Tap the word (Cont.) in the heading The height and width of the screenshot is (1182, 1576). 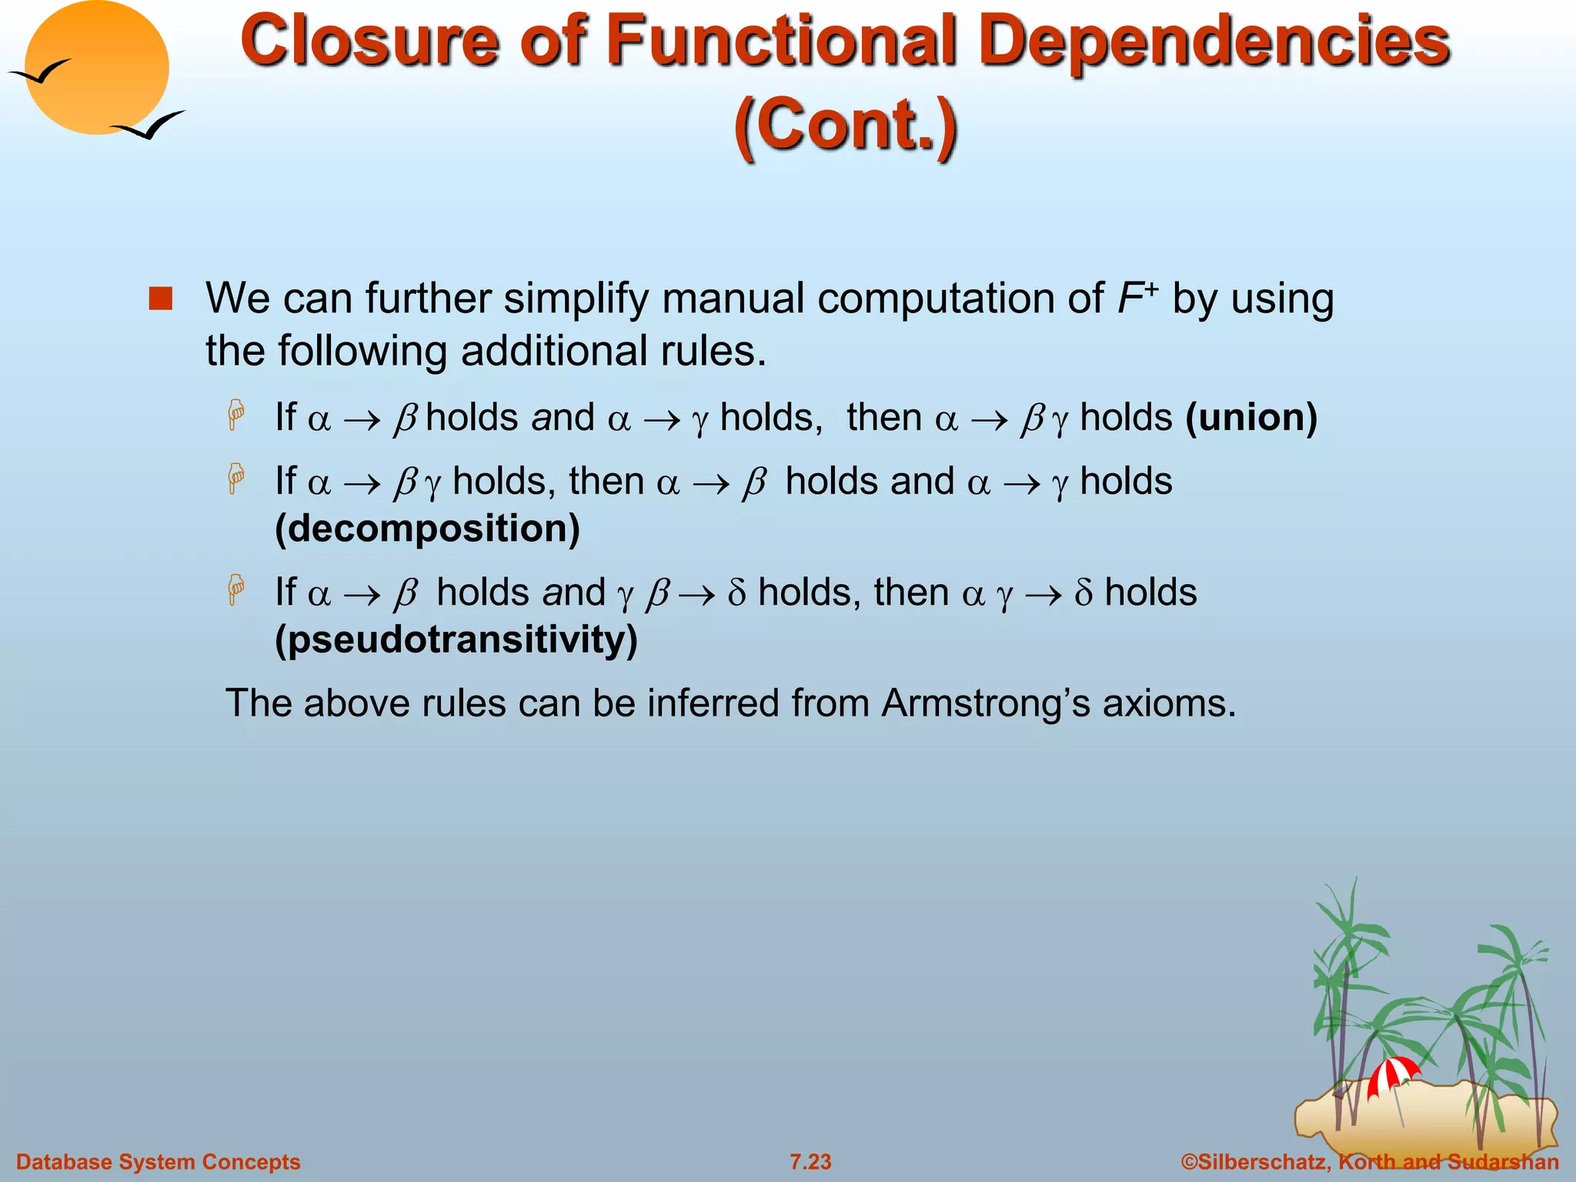(x=846, y=123)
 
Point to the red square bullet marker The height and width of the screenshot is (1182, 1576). (x=161, y=299)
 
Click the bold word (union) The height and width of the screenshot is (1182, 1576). (x=1251, y=418)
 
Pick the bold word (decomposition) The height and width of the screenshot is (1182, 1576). (x=428, y=529)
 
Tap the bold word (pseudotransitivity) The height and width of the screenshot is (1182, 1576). (x=456, y=639)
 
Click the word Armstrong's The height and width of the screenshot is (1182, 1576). (x=986, y=703)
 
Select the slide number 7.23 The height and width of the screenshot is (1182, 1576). (x=810, y=1161)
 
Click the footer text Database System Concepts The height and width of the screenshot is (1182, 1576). (x=159, y=1161)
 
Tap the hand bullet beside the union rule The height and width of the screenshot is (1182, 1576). (x=236, y=415)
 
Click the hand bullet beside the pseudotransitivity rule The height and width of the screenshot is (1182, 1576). (x=236, y=589)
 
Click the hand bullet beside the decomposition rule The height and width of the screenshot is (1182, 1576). (x=236, y=479)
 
